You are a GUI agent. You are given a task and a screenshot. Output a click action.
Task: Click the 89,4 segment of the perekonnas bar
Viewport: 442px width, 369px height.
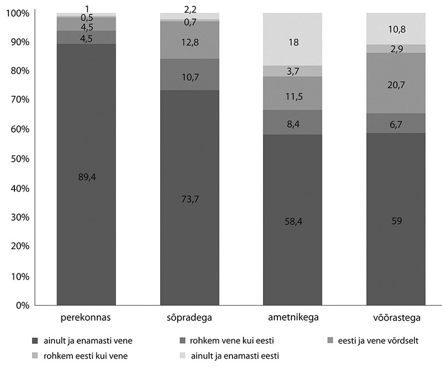point(86,177)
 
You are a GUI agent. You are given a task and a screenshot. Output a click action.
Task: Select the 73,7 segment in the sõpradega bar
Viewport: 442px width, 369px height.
point(190,199)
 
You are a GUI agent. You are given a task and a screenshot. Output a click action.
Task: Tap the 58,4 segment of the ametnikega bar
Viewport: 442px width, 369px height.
point(293,222)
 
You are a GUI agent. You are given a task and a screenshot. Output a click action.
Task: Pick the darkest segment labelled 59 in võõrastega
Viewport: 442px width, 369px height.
point(396,219)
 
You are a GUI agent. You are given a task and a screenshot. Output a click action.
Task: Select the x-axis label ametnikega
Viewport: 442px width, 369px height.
point(293,317)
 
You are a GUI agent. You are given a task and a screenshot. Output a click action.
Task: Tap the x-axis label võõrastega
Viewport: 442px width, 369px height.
point(396,317)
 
